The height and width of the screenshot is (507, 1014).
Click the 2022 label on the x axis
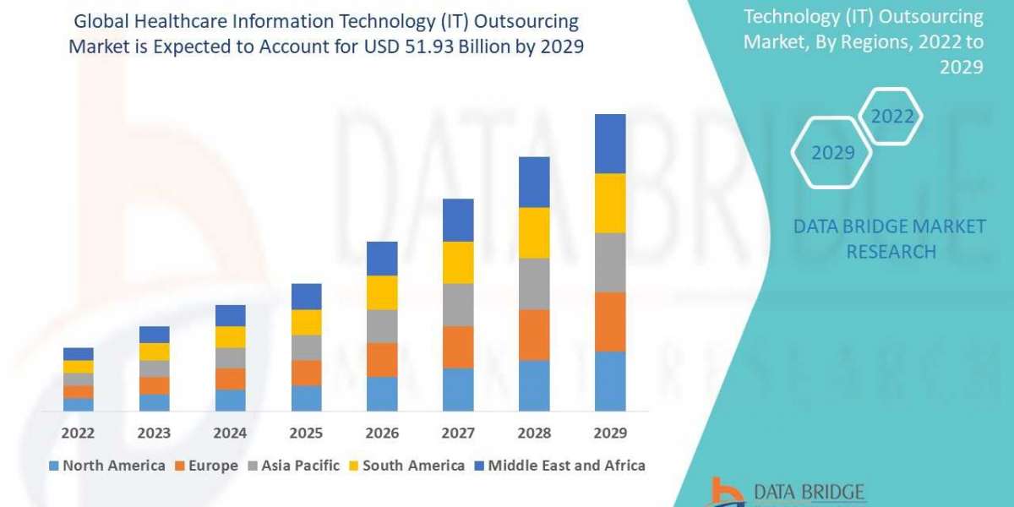click(78, 433)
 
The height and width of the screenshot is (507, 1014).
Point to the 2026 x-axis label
click(382, 433)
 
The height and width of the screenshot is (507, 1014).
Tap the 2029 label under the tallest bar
click(610, 433)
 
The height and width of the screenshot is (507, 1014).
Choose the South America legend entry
click(406, 466)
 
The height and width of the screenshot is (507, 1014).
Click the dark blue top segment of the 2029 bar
click(610, 144)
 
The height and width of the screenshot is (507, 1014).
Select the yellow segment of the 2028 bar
click(534, 232)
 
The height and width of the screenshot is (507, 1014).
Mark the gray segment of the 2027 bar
click(458, 304)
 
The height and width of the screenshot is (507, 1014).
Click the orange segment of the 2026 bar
click(382, 360)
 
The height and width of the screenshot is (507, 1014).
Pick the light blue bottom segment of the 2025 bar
click(306, 398)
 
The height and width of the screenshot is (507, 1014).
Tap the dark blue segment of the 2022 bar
click(78, 353)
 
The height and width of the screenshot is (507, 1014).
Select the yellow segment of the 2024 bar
click(230, 336)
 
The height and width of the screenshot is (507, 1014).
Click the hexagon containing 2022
click(892, 117)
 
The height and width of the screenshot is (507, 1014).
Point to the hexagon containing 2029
click(831, 153)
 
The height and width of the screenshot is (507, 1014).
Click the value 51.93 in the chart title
click(454, 47)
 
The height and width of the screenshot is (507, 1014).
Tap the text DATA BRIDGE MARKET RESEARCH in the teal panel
click(890, 238)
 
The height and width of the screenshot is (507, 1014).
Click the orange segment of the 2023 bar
click(154, 385)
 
